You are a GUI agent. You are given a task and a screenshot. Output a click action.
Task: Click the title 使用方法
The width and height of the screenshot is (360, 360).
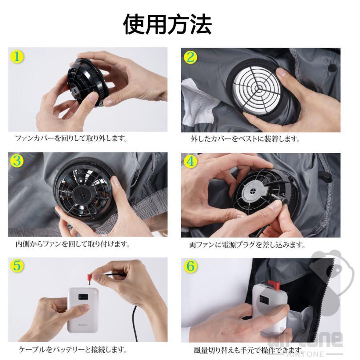(x=167, y=24)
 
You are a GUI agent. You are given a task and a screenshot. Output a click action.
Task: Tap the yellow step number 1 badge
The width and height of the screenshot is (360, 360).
(x=17, y=57)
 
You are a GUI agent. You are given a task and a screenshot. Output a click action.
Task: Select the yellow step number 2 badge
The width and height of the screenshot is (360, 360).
(x=190, y=57)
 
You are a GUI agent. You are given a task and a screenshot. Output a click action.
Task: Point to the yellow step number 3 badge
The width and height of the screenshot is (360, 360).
(x=17, y=161)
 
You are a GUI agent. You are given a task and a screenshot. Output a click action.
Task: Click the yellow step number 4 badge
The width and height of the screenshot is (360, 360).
(x=190, y=162)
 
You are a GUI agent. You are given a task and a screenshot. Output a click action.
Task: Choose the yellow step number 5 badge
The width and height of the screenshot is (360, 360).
(x=17, y=266)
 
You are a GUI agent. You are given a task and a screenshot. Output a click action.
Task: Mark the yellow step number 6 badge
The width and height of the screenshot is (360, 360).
(x=190, y=266)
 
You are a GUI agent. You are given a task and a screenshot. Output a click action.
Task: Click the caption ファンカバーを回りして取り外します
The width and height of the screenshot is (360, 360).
(x=71, y=138)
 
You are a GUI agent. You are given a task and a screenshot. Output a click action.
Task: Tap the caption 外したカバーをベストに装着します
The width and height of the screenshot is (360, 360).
(x=245, y=139)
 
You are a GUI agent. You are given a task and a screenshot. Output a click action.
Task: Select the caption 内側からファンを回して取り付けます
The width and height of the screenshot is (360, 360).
(x=72, y=244)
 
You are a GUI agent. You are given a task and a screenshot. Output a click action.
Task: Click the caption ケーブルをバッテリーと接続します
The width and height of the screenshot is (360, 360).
(x=73, y=350)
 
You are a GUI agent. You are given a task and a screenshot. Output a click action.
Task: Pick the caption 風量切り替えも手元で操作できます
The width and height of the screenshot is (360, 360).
(x=248, y=350)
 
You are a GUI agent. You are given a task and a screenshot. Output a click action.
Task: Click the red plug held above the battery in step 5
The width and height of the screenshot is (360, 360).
(x=90, y=278)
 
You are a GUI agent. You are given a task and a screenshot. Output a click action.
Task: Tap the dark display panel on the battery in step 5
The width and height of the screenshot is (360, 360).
(x=83, y=297)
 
